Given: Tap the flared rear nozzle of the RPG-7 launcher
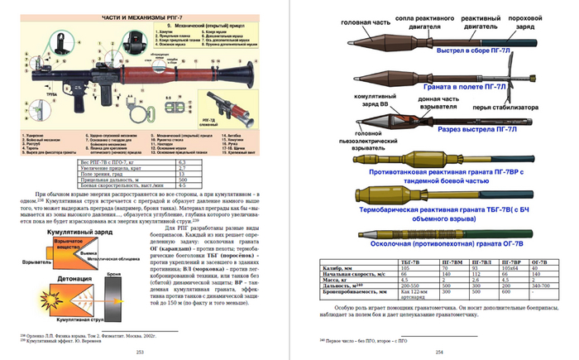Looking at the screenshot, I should pyautogui.click(x=249, y=65).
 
